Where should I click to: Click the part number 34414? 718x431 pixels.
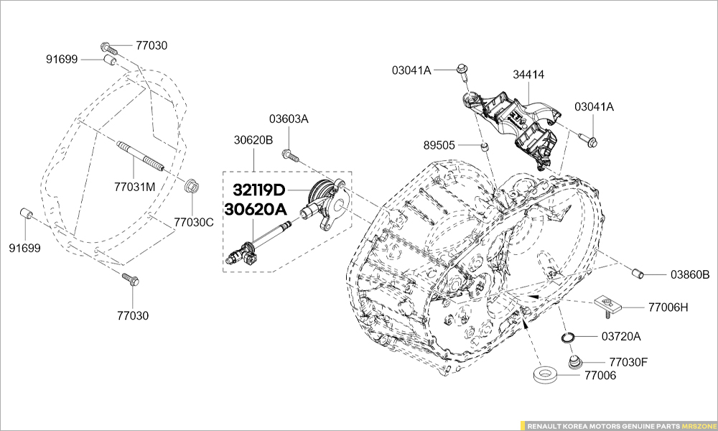point(528,74)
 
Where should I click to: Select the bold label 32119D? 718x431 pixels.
point(258,190)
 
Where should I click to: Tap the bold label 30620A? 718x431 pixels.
point(256,209)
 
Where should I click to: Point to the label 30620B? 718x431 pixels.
point(253,140)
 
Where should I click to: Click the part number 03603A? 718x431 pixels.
point(289,119)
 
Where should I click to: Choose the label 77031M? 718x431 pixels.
point(135,187)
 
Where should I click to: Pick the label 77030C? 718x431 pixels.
point(194,222)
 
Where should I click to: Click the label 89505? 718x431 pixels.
point(439,145)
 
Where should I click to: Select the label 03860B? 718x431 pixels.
point(690,274)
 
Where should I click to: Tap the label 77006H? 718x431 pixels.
point(668,307)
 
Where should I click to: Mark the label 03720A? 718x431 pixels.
point(621,336)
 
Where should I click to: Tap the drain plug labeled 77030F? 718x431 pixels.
point(574,361)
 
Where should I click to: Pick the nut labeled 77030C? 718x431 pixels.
point(191,186)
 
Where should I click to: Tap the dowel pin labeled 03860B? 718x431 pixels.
point(635,273)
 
